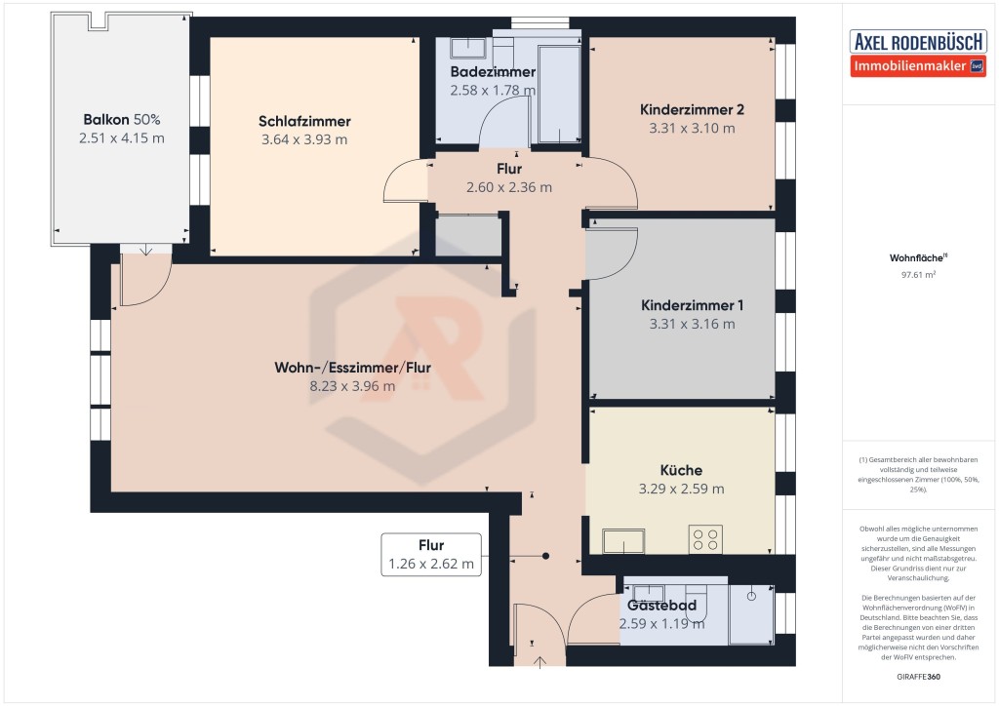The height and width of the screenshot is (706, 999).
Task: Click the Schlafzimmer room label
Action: pos(304,121)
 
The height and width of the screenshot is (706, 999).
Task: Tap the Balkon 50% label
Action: pos(122,119)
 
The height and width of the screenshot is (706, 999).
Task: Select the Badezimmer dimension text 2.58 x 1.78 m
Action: pos(493,91)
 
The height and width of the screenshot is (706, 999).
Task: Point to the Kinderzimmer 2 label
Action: pos(692,109)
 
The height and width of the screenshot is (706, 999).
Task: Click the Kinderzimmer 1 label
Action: pos(692,305)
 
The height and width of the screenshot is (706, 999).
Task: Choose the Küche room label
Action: pos(681,470)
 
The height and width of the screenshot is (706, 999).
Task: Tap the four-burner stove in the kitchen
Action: pos(705,539)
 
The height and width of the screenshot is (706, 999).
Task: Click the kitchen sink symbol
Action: pos(623,541)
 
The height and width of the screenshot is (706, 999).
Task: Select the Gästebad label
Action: pos(662,606)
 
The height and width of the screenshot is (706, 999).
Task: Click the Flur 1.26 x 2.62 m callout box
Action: pos(431,555)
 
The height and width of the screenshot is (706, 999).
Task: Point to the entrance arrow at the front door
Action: pos(539,663)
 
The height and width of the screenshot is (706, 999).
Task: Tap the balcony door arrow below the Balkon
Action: pos(146,250)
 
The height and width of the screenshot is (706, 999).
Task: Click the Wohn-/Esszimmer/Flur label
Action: pos(352,368)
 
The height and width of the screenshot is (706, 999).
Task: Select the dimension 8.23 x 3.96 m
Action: pos(352,386)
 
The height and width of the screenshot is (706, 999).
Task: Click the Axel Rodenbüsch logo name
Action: pos(918,42)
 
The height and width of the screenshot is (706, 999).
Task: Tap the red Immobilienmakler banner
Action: pos(918,66)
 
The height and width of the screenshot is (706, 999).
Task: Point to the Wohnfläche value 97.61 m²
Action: pos(918,275)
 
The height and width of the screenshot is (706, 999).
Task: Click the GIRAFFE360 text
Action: pos(918,677)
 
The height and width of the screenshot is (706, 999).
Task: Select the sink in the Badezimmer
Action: pos(467,49)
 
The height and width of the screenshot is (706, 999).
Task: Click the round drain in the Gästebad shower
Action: pos(751,597)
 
